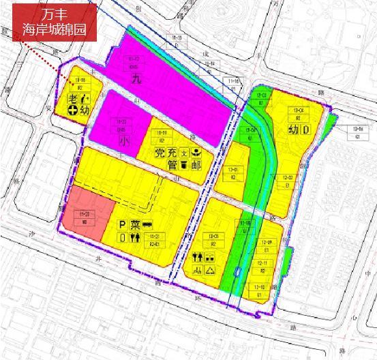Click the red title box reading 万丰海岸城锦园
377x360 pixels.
[55, 21]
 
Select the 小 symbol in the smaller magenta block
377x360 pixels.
[123, 141]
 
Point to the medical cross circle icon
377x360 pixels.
[72, 110]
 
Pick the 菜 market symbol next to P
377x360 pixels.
[136, 224]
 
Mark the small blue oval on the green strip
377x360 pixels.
[237, 271]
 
